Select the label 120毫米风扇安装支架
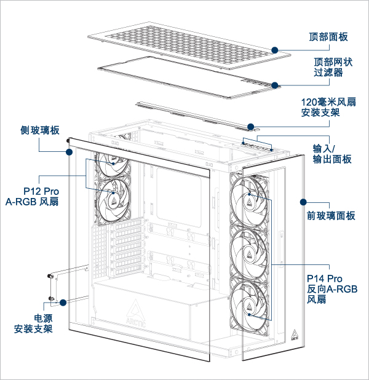pyautogui.click(x=329, y=107)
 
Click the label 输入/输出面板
pyautogui.click(x=332, y=154)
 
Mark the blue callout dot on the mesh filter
pyautogui.click(x=274, y=85)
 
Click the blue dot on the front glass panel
pyautogui.click(x=303, y=201)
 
